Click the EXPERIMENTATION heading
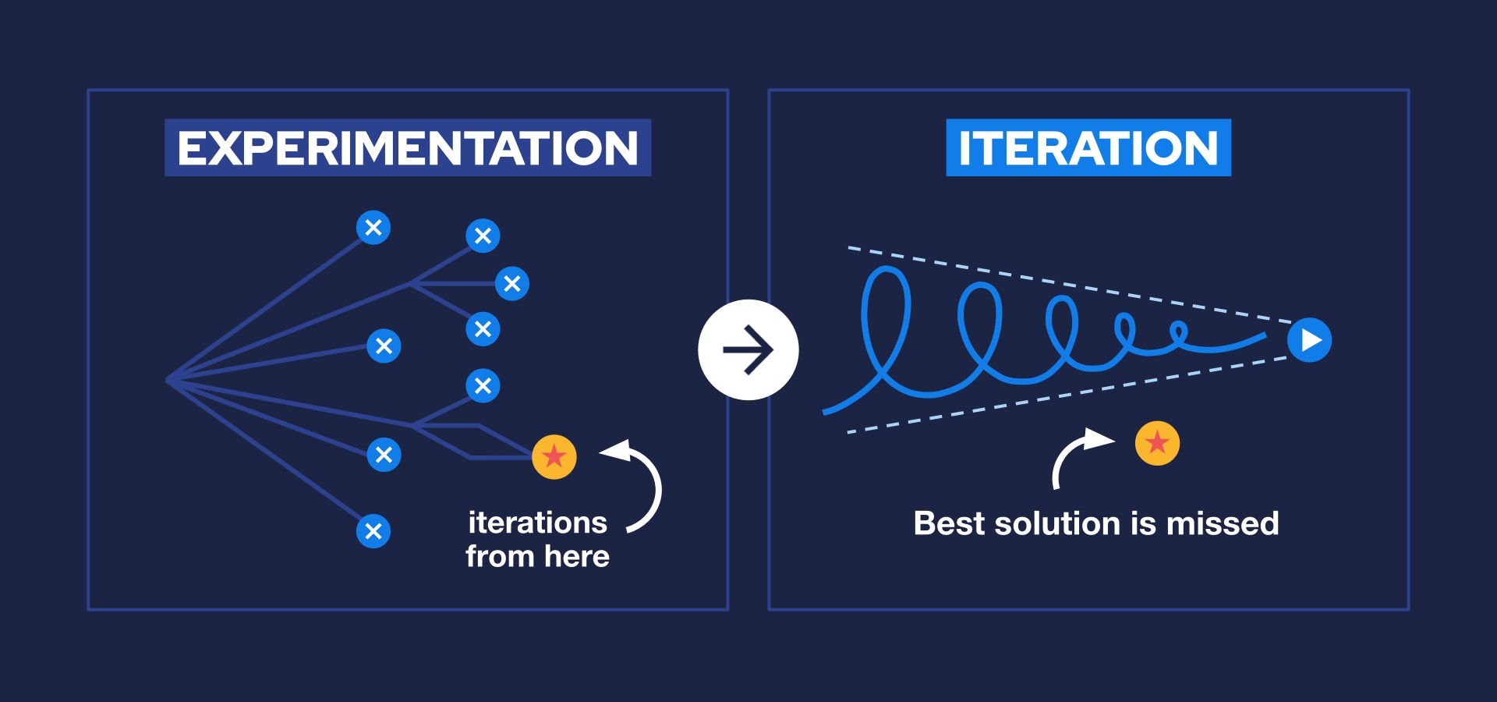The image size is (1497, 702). (408, 147)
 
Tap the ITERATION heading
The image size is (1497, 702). (1088, 147)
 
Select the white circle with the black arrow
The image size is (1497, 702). (748, 349)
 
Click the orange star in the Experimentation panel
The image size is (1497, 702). (554, 456)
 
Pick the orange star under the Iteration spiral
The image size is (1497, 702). (1157, 443)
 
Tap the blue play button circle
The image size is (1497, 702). (1310, 340)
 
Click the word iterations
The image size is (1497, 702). (537, 523)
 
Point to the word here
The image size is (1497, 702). (577, 556)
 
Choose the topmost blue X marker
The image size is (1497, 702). (373, 228)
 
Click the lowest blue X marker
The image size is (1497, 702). (373, 531)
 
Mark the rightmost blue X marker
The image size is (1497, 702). (512, 284)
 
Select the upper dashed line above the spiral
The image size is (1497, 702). (1068, 285)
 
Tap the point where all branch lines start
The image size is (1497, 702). (167, 381)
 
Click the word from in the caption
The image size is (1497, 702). (500, 556)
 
